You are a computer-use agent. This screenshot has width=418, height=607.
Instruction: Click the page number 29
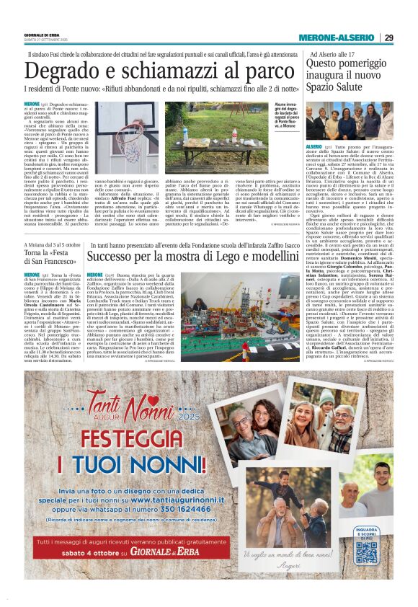[388, 38]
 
